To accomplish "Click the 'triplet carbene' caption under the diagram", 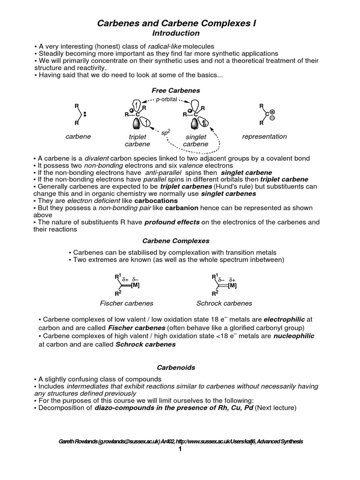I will point(134,141).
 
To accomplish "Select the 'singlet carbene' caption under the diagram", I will point(195,141).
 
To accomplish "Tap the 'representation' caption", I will point(264,136).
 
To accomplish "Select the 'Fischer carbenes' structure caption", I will point(127,303).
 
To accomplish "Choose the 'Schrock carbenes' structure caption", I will point(224,303).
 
